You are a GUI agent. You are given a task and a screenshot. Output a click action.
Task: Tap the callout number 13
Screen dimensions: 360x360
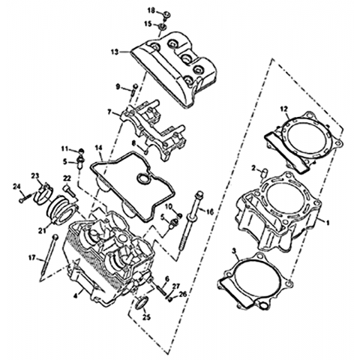coord(115,52)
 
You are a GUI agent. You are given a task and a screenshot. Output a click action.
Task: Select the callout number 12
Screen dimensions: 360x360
coord(284,109)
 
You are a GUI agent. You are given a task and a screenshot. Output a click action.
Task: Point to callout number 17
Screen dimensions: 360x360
coord(32,257)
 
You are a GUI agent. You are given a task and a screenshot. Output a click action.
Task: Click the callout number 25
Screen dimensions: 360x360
coord(146,318)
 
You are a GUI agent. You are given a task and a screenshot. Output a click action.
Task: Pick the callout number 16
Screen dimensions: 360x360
coord(210,212)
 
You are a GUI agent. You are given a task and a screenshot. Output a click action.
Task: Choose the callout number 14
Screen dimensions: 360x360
coord(99,148)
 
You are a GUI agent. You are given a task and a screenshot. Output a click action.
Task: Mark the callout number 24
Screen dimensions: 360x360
coord(16,186)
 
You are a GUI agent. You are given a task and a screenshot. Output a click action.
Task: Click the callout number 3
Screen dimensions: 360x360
coord(234,250)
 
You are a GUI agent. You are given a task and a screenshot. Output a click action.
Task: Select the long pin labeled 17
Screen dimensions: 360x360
coord(49,257)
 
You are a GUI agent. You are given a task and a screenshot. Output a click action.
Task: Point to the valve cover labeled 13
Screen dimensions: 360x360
coord(175,69)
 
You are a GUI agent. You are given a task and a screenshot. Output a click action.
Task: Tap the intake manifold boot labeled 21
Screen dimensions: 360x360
coord(62,209)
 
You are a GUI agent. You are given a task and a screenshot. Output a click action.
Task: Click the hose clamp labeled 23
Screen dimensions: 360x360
coord(43,193)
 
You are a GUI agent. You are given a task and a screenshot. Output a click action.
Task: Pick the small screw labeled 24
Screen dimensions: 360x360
coord(25,198)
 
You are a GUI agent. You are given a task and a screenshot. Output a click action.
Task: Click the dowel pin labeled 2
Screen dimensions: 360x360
coord(265,172)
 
